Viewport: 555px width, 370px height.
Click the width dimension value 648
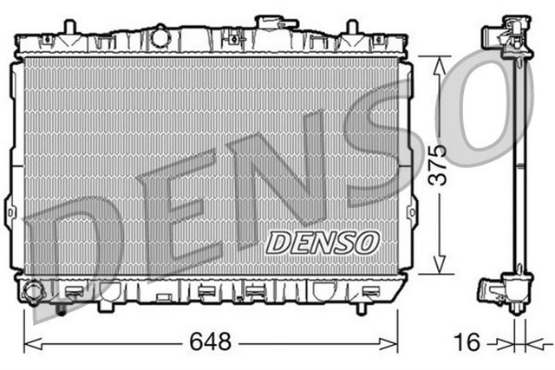point(211,342)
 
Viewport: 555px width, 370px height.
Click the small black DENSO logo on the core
point(322,242)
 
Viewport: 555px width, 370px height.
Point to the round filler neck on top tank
point(160,36)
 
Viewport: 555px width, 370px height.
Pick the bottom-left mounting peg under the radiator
point(61,305)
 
